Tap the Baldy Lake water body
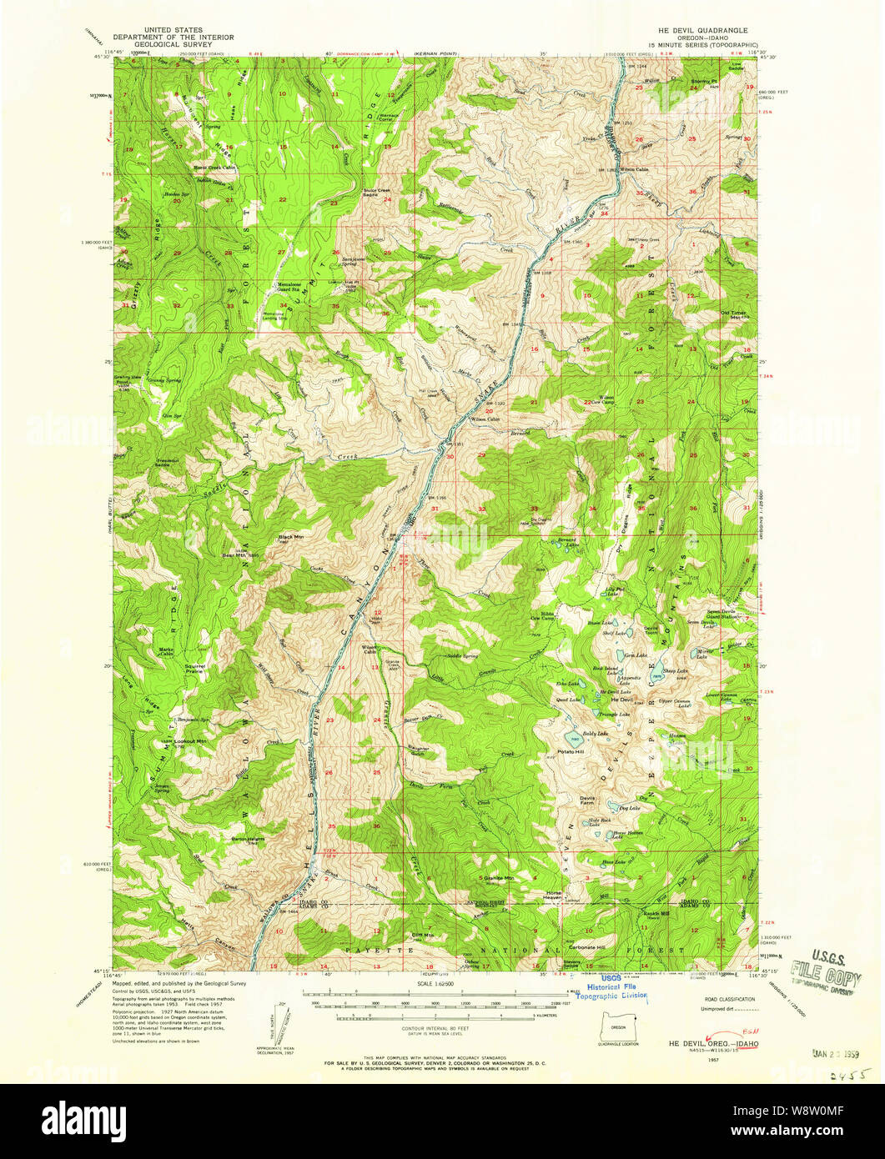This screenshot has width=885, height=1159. point(574,740)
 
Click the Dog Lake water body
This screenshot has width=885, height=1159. point(619,808)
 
